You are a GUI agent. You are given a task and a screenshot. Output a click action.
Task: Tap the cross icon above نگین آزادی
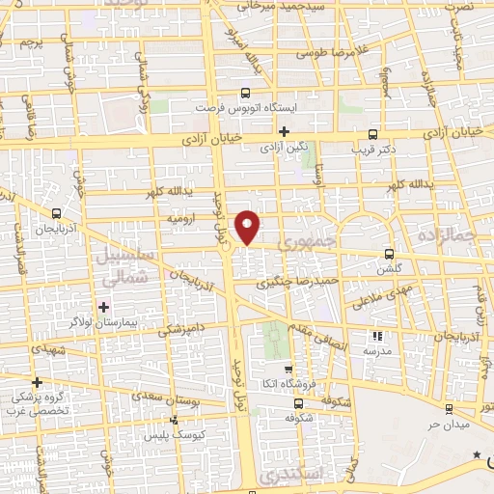[284, 132]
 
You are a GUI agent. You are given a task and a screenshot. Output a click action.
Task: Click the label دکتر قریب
[374, 151]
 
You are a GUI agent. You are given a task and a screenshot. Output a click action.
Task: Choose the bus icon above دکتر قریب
[374, 135]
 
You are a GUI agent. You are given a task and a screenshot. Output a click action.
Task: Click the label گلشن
[389, 271]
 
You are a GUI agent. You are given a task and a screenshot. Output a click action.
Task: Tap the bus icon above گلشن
[389, 256]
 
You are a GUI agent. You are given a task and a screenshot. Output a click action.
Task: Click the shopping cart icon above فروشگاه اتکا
[288, 369]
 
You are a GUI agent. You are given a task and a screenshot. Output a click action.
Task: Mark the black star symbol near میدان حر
[475, 453]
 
